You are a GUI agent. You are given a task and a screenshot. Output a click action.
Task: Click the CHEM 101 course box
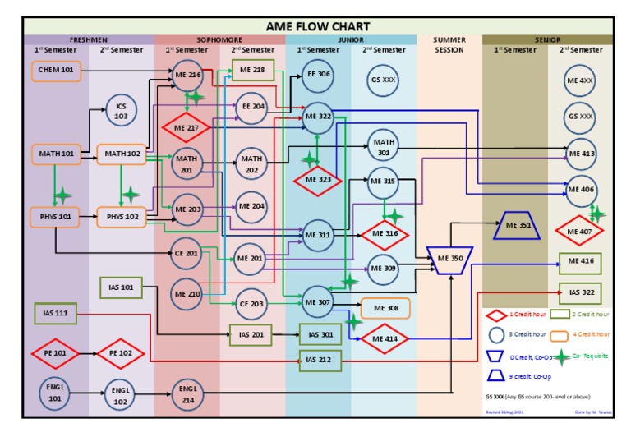click(x=56, y=71)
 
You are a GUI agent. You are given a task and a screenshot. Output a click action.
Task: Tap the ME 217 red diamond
click(x=187, y=128)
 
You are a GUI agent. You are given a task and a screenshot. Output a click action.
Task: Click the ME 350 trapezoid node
click(x=450, y=258)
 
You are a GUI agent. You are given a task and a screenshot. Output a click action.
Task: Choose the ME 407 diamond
click(x=580, y=231)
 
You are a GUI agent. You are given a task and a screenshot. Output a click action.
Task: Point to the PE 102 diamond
click(x=121, y=353)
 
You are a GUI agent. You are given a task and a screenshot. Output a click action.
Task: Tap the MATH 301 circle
click(x=383, y=146)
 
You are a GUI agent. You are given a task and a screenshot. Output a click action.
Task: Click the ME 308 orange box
click(x=385, y=308)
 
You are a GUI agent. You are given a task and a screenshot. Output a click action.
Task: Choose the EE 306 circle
click(x=318, y=75)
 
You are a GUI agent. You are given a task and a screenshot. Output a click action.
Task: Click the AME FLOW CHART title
click(x=318, y=26)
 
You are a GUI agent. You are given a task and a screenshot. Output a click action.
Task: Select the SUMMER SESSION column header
click(x=449, y=44)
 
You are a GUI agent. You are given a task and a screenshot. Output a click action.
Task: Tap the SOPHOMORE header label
click(x=219, y=39)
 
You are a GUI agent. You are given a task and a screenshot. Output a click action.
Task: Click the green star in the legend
click(x=561, y=357)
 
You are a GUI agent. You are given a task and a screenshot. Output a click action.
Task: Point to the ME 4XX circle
click(x=581, y=81)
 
